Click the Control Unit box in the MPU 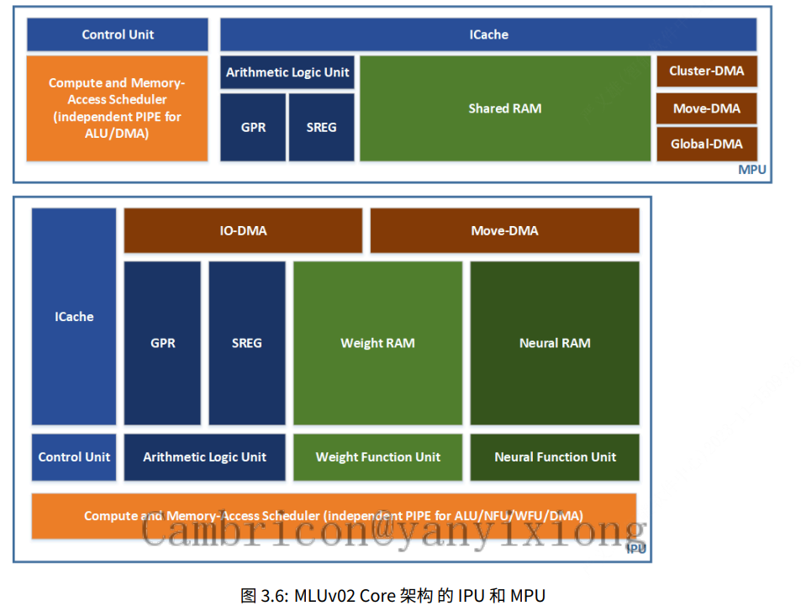coord(118,34)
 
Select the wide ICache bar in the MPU coord(488,34)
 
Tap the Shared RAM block coord(505,108)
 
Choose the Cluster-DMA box coord(706,71)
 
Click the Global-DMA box coord(706,144)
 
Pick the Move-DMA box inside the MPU coord(706,108)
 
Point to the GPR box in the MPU coord(253,128)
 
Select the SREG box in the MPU coord(321,128)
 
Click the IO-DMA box coord(243,230)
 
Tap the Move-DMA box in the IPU coord(504,230)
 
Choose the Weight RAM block coord(377,343)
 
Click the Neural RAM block coord(555,343)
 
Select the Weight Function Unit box coord(377,457)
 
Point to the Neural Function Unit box coord(555,457)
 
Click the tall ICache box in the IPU coord(74,317)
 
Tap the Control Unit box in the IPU coord(74,457)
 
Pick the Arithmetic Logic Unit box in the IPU coord(204,457)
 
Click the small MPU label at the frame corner coord(751,170)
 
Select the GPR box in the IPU coord(162,343)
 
